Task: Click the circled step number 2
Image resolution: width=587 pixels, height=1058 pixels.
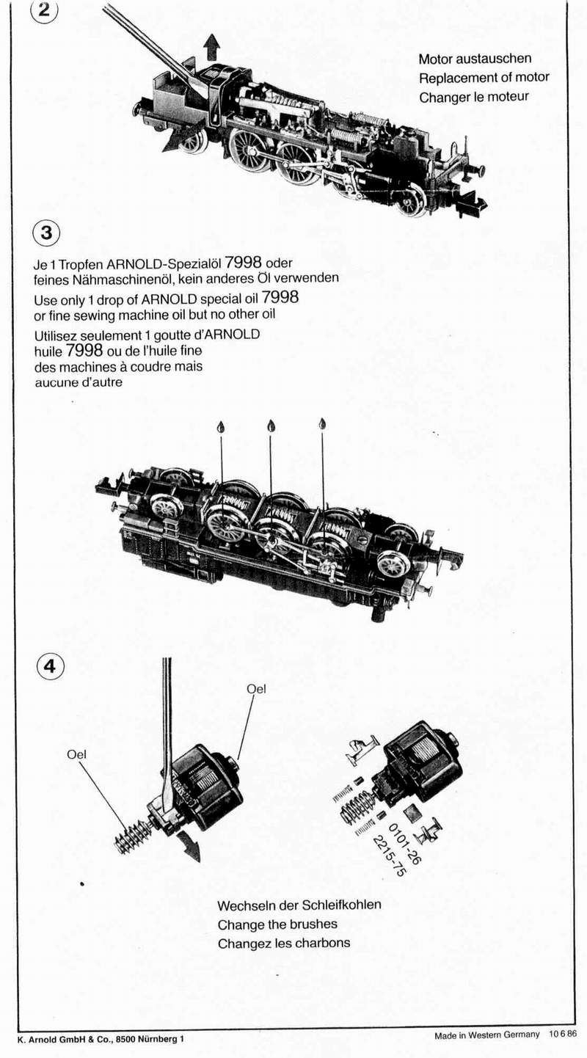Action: (x=43, y=10)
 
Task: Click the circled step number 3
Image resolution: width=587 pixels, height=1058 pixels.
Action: (x=47, y=233)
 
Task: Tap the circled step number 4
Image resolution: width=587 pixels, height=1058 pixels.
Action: (x=50, y=666)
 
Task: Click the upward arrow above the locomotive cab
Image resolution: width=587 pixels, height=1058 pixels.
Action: (x=212, y=47)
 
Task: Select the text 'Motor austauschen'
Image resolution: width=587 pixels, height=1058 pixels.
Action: (x=475, y=59)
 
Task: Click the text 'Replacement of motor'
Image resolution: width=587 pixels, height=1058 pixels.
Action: (x=484, y=78)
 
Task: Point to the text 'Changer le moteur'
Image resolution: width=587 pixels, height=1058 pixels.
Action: (x=474, y=98)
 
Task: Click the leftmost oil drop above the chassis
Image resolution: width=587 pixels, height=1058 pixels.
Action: (x=221, y=426)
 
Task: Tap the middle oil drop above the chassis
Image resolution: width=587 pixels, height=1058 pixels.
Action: (x=271, y=425)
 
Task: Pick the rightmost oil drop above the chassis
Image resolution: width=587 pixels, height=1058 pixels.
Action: (x=323, y=424)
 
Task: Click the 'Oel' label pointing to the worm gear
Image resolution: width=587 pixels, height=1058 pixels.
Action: (x=76, y=755)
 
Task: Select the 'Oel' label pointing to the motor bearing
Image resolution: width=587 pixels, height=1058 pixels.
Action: (x=256, y=689)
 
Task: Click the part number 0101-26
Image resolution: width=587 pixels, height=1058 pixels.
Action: (x=404, y=844)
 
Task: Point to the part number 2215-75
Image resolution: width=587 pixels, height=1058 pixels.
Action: (x=389, y=856)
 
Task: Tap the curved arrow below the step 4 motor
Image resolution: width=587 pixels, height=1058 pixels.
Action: (x=189, y=849)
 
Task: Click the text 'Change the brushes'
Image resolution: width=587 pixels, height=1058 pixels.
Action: (x=277, y=924)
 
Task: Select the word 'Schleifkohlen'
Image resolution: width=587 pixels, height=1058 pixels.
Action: (x=341, y=905)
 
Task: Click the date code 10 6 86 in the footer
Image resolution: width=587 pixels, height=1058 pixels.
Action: (x=563, y=1034)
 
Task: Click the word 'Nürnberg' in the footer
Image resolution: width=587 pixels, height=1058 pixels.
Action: (x=156, y=1039)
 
